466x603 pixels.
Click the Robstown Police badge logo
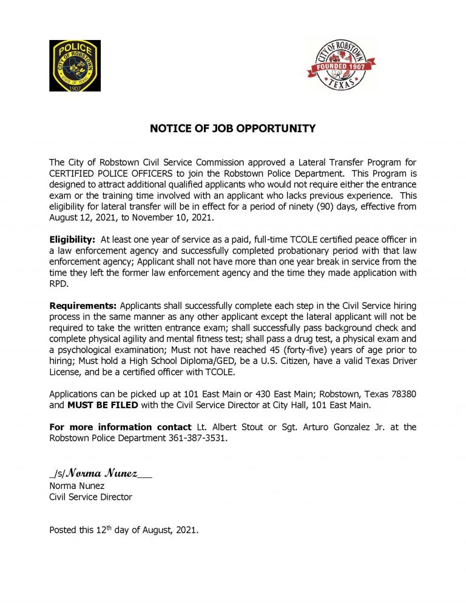point(75,66)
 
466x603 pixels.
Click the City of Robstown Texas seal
point(340,65)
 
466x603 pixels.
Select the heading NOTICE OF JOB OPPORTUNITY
point(233,129)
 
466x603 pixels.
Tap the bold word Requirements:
point(83,305)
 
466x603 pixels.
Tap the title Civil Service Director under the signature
point(90,497)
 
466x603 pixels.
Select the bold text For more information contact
point(120,427)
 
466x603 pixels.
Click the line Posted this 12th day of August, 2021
point(124,530)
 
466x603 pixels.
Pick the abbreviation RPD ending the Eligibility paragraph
point(58,283)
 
